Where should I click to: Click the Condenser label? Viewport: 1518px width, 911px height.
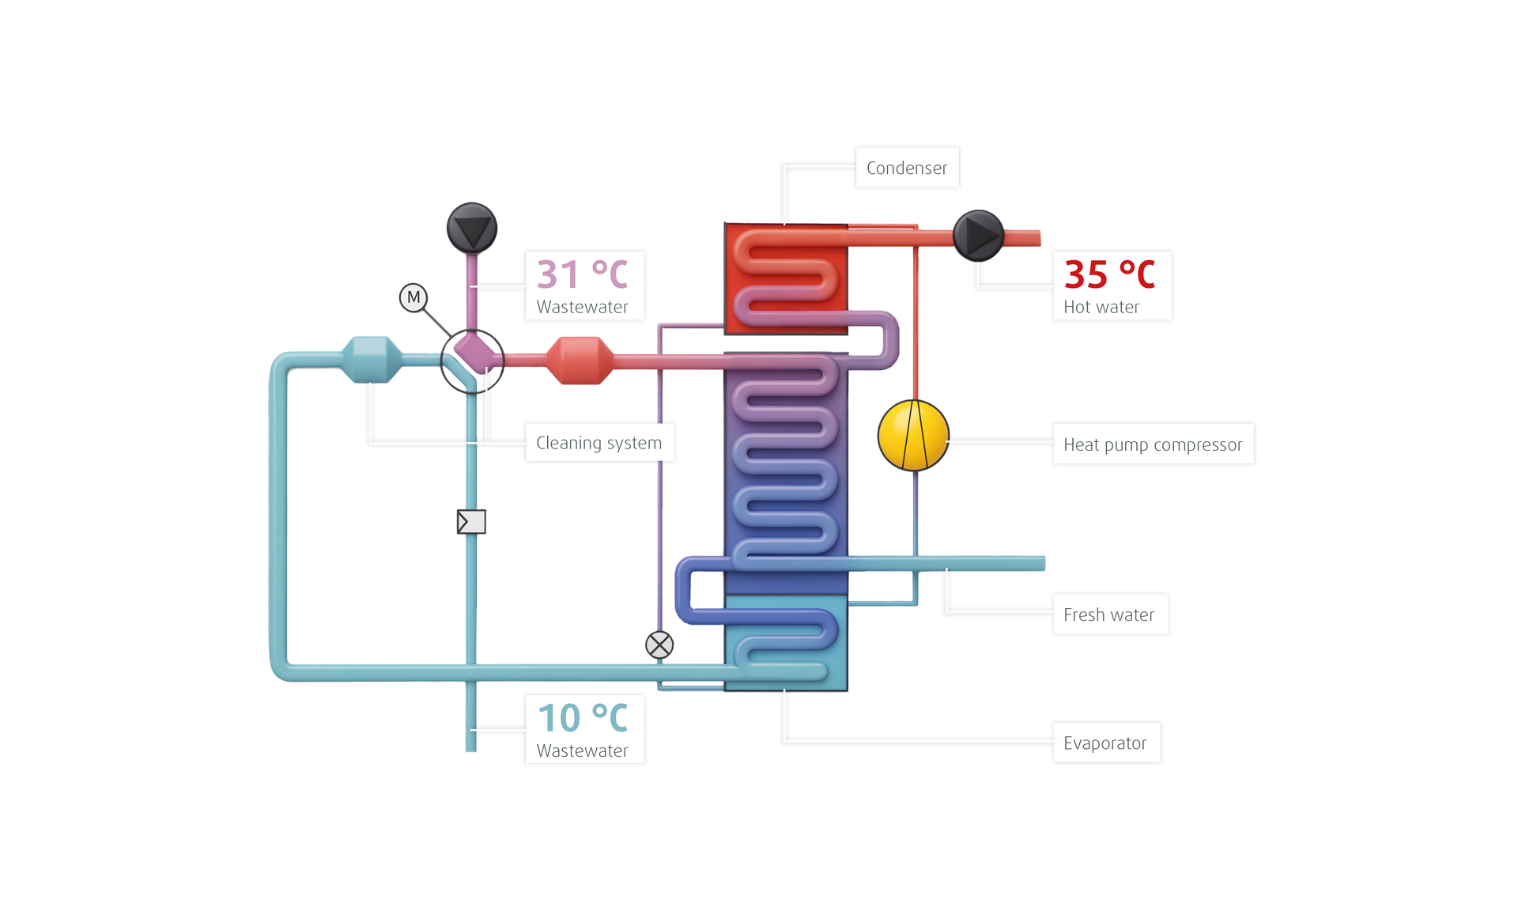(x=906, y=168)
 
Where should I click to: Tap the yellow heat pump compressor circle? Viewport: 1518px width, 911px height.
(x=913, y=436)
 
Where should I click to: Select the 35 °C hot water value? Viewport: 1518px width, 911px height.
(x=1109, y=274)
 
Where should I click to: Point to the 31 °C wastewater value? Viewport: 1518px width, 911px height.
(x=583, y=274)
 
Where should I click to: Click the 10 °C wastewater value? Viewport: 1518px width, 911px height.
(x=583, y=718)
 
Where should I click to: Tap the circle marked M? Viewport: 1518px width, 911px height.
(x=413, y=297)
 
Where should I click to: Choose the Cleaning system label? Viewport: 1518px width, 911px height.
(x=599, y=443)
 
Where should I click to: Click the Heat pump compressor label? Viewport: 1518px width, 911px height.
(x=1152, y=444)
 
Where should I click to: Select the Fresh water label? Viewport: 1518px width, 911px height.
(x=1108, y=614)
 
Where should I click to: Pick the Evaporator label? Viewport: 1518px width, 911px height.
(x=1105, y=743)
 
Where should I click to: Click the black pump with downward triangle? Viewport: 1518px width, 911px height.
(x=472, y=228)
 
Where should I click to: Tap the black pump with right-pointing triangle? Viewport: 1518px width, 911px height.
(x=978, y=235)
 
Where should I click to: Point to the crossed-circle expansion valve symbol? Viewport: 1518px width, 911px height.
(x=659, y=645)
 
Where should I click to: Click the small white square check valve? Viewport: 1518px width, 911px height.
(x=471, y=521)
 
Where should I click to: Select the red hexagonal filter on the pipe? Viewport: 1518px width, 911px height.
(x=580, y=361)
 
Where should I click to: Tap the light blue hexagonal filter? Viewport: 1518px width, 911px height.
(x=371, y=360)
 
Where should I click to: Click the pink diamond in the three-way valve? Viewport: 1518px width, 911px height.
(x=473, y=351)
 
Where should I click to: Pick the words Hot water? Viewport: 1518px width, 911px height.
(x=1101, y=307)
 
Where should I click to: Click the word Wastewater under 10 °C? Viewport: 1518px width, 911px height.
(x=583, y=750)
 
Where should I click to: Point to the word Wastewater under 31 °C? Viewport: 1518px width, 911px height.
(x=583, y=307)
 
